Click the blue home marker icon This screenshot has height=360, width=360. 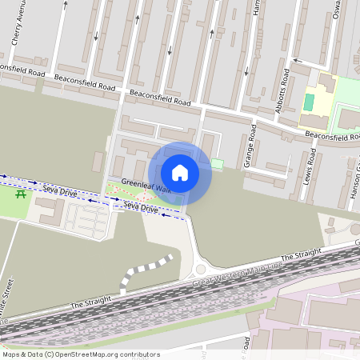point(180,172)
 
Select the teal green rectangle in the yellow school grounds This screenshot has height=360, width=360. point(309,102)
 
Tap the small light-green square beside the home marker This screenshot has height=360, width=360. point(218,163)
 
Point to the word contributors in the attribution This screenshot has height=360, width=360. point(138,354)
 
